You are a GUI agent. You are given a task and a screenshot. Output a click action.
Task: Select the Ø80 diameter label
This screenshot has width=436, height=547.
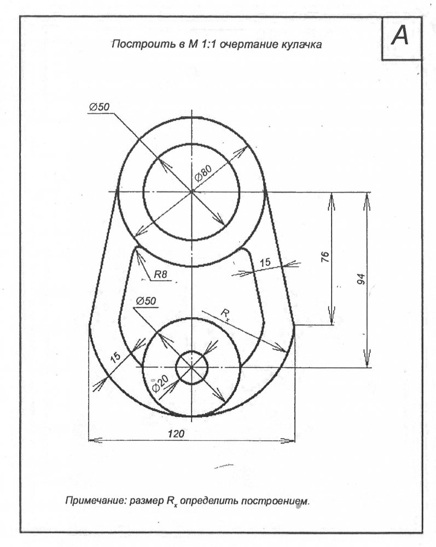tap(203, 173)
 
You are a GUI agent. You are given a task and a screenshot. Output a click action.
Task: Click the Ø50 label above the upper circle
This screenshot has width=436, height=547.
tap(100, 107)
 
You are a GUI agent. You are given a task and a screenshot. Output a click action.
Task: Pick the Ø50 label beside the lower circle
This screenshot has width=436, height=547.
tap(146, 301)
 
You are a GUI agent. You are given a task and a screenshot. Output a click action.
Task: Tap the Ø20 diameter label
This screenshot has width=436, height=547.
tap(160, 383)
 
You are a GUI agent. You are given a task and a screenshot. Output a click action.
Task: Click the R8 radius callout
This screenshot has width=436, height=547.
tap(160, 275)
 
